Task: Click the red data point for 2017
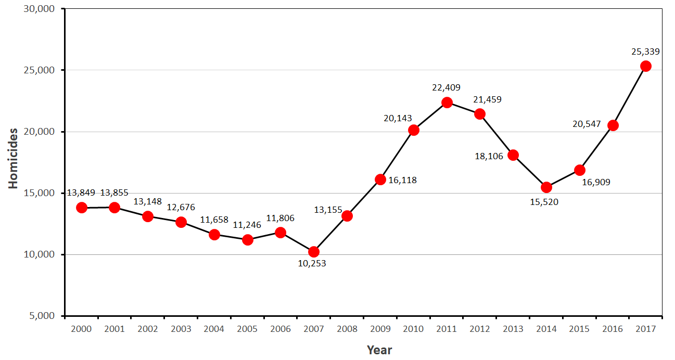pos(646,66)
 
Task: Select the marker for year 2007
pos(314,252)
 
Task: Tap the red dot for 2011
pos(447,102)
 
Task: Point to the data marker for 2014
pos(546,187)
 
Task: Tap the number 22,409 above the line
pos(446,87)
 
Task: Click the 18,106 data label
pos(489,156)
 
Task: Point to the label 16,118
pos(402,181)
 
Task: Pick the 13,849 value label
pos(81,193)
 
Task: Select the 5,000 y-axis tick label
pos(43,316)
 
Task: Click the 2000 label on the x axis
pos(81,329)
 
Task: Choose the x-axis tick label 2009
pos(380,329)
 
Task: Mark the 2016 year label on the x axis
pos(613,329)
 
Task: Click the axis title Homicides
pos(13,158)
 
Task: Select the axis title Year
pos(379,350)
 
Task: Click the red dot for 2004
pos(214,235)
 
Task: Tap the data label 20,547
pos(586,124)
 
